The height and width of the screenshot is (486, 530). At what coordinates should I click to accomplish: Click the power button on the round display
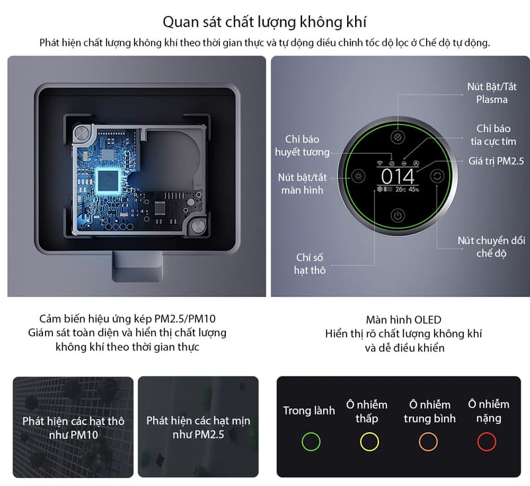(398, 215)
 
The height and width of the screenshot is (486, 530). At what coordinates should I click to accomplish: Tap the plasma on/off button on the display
(398, 137)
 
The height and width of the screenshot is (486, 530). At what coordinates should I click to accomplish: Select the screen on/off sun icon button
(358, 176)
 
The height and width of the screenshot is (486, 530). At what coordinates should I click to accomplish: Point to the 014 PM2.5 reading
(398, 176)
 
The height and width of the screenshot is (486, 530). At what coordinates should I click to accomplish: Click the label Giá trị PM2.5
(496, 161)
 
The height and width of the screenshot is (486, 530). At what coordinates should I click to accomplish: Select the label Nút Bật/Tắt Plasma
(492, 93)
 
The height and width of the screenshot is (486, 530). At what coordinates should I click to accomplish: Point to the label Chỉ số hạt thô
(309, 264)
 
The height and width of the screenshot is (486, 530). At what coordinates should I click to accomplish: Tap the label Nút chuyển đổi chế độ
(492, 247)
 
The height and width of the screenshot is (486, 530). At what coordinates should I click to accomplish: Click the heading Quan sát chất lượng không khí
(264, 22)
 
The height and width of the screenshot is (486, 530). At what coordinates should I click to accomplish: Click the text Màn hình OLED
(403, 320)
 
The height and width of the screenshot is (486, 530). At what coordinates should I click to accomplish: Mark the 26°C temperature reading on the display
(401, 190)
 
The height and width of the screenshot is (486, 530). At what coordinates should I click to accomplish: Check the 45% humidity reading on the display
(413, 190)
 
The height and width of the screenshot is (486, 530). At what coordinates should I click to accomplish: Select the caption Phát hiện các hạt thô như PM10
(74, 428)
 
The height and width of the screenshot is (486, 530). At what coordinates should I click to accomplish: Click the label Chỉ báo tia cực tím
(494, 135)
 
